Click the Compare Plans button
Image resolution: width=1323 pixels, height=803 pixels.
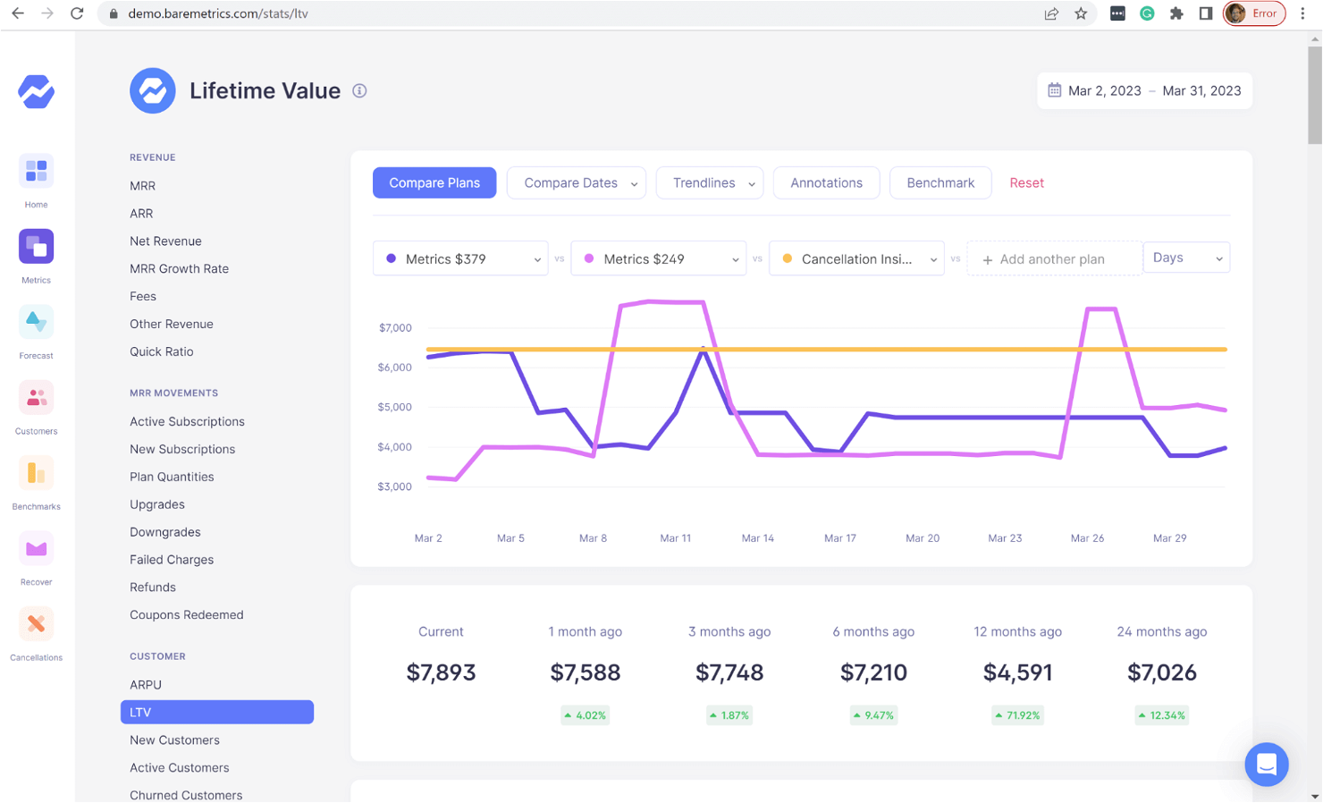click(434, 182)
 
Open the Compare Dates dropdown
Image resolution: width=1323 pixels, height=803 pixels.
click(576, 182)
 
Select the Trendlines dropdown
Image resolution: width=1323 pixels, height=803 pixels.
click(709, 182)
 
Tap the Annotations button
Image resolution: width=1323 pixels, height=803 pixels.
click(826, 182)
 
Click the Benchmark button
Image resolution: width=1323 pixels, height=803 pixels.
click(940, 182)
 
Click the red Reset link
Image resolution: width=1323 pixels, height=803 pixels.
click(1026, 182)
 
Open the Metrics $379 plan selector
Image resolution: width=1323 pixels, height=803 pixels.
click(460, 259)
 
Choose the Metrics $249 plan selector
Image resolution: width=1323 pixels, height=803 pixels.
click(658, 259)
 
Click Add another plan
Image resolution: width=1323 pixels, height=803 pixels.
click(1051, 259)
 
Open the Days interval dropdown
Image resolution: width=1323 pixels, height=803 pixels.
click(1186, 258)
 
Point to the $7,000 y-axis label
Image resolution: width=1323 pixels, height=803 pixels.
click(395, 328)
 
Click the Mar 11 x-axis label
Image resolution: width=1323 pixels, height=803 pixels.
click(675, 538)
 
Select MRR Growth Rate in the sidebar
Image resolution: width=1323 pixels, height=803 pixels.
click(179, 268)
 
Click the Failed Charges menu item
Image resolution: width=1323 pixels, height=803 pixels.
click(172, 560)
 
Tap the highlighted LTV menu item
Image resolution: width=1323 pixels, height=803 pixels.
click(217, 712)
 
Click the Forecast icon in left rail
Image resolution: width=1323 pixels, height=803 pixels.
click(36, 323)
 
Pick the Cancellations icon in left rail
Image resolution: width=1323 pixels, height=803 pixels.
click(36, 624)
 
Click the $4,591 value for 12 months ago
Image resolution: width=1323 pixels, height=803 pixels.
click(1017, 672)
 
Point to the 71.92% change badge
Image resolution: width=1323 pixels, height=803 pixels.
click(1017, 715)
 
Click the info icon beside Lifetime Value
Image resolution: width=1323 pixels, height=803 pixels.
click(359, 91)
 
